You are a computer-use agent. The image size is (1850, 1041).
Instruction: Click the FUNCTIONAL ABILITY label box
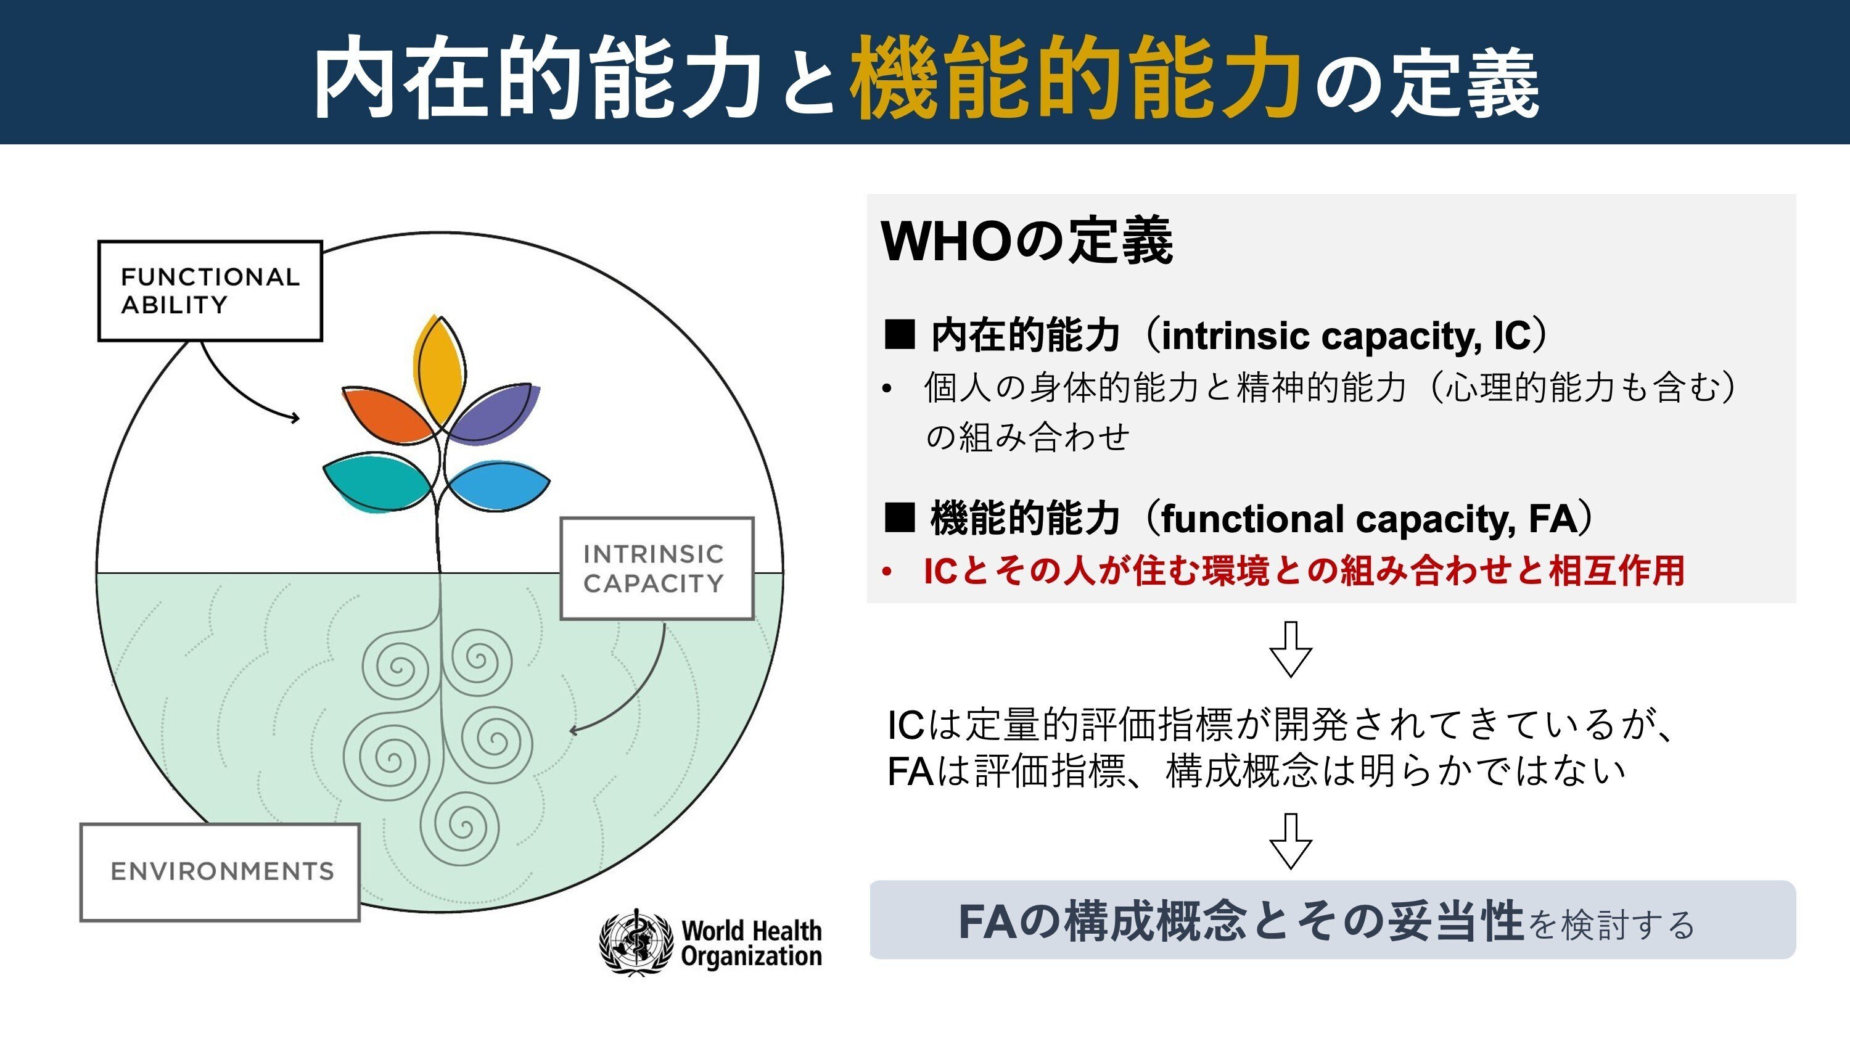click(210, 290)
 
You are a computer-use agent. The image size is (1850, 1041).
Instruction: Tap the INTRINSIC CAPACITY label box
click(656, 567)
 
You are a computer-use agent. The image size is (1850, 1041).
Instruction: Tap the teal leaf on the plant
click(377, 482)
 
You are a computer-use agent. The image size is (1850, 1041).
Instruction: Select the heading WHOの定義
click(1027, 241)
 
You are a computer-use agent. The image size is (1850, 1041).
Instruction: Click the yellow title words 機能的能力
click(1075, 78)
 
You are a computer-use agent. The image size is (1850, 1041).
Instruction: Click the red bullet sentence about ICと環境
click(1304, 571)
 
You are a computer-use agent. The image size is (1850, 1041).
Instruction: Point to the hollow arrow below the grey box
click(1291, 649)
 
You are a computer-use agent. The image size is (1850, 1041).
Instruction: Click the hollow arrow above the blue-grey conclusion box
click(1291, 841)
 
